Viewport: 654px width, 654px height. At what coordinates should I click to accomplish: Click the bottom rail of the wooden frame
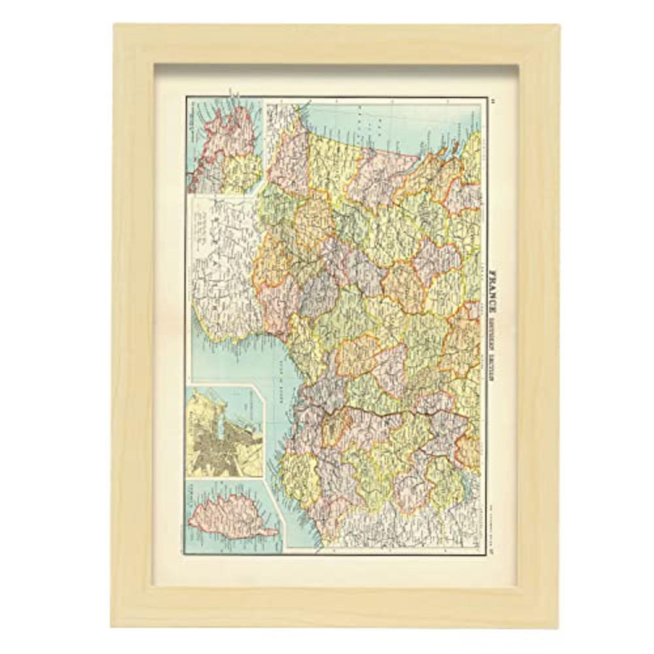click(x=327, y=608)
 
